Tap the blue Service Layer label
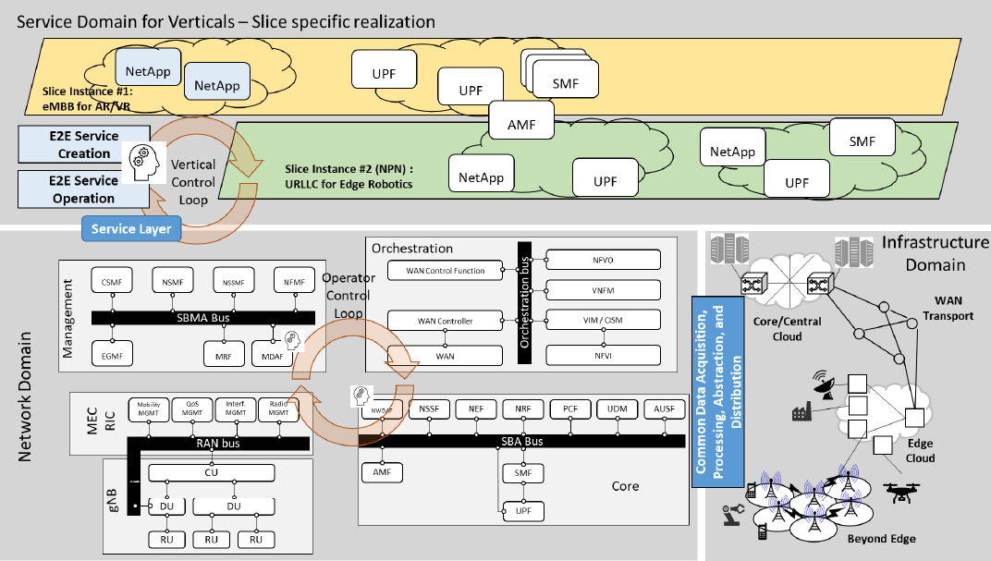131,228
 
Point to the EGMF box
114,354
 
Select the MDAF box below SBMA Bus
274,354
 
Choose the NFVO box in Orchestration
604,260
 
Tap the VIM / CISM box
604,320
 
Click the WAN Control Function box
445,271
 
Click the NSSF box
429,409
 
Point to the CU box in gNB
212,473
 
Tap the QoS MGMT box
192,409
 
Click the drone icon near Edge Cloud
902,494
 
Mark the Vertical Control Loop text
193,182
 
